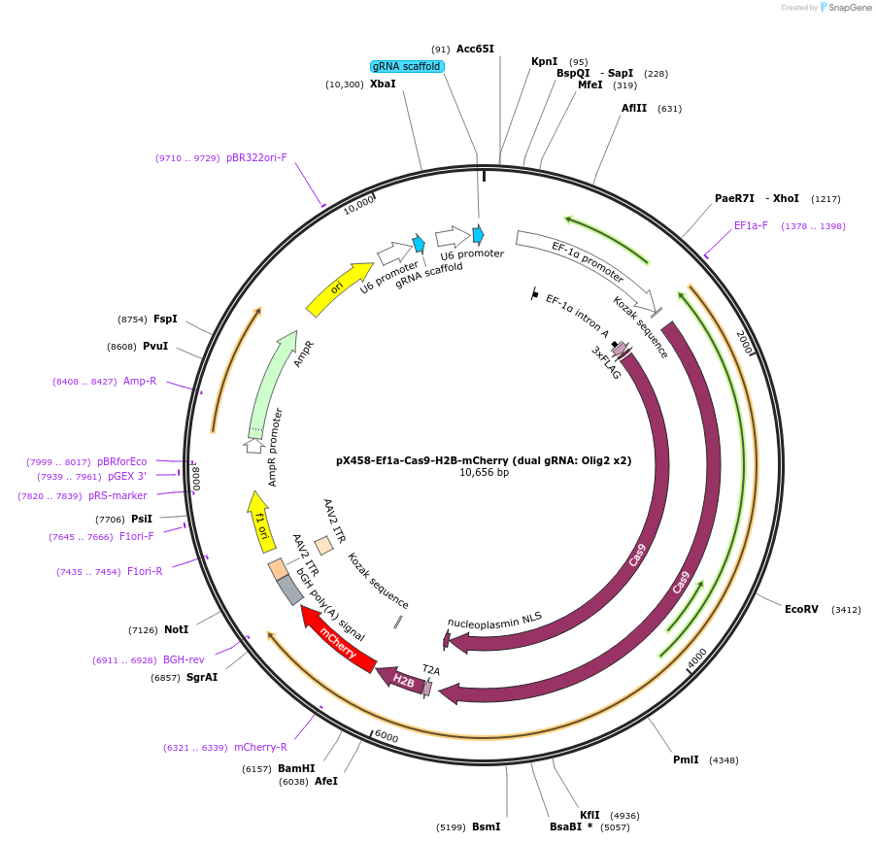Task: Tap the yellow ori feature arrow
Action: (x=339, y=288)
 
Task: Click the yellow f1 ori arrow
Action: (x=259, y=522)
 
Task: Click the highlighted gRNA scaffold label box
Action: (x=408, y=67)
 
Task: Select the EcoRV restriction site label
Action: (x=801, y=610)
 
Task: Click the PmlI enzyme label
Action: (x=686, y=759)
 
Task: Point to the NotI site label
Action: (x=176, y=630)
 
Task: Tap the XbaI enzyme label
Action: (x=383, y=84)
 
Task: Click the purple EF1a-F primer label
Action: (x=751, y=226)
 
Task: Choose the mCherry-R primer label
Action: (x=260, y=748)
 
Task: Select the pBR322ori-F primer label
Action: (x=256, y=157)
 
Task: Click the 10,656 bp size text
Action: (x=484, y=473)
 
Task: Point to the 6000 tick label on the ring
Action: (x=387, y=738)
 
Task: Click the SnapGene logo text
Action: (x=848, y=8)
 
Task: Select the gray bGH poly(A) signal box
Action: (x=289, y=590)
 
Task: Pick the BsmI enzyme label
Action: (x=486, y=827)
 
